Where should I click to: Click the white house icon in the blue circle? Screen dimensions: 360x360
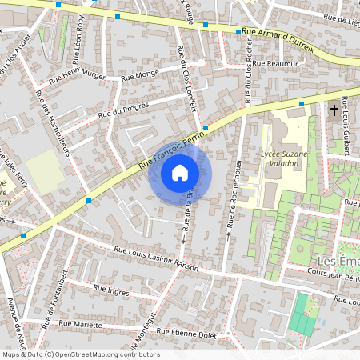179,173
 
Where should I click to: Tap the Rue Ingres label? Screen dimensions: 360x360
110,290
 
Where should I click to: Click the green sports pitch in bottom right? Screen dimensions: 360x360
302,316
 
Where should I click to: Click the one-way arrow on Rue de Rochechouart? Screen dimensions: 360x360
229,235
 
